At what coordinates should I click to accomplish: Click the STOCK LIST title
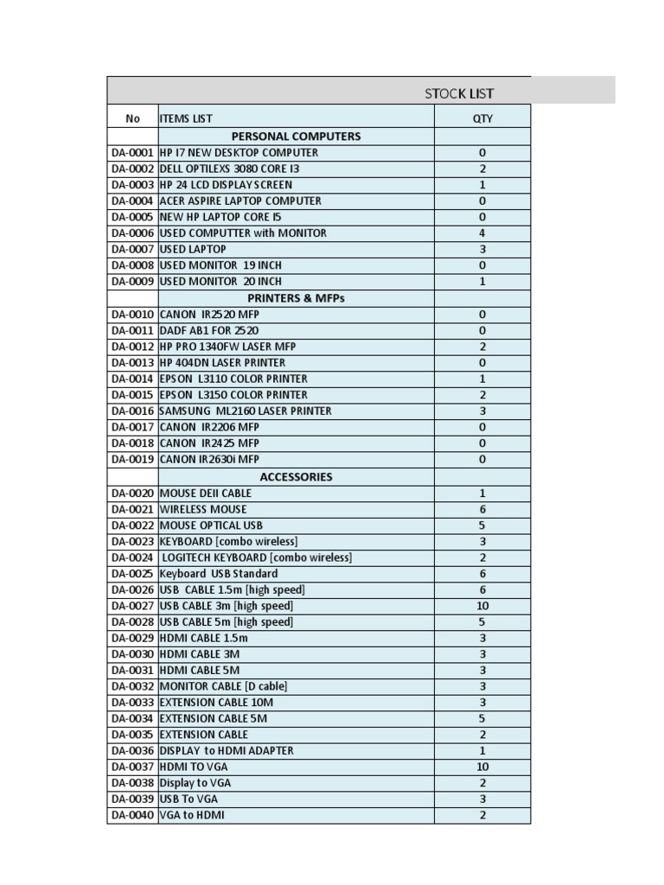[459, 93]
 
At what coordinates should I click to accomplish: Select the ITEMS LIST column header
[186, 118]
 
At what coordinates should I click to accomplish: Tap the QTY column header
[482, 118]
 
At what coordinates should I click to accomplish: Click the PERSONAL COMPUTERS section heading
[296, 136]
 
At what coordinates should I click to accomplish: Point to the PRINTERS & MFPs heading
[296, 298]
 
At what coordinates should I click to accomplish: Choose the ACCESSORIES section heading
[296, 476]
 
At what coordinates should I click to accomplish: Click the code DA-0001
[132, 152]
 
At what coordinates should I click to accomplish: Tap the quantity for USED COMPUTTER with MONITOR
[482, 232]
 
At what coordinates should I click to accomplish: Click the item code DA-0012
[132, 347]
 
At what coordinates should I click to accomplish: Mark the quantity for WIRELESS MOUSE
[482, 509]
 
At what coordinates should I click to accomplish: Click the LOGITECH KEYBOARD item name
[257, 557]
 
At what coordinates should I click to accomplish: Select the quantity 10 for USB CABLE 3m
[482, 606]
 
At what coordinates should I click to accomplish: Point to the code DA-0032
[132, 686]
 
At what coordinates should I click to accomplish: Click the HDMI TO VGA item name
[194, 767]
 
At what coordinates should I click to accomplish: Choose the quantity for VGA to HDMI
[482, 815]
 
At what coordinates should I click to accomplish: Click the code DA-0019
[132, 460]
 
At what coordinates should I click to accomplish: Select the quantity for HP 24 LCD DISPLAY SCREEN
[482, 184]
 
